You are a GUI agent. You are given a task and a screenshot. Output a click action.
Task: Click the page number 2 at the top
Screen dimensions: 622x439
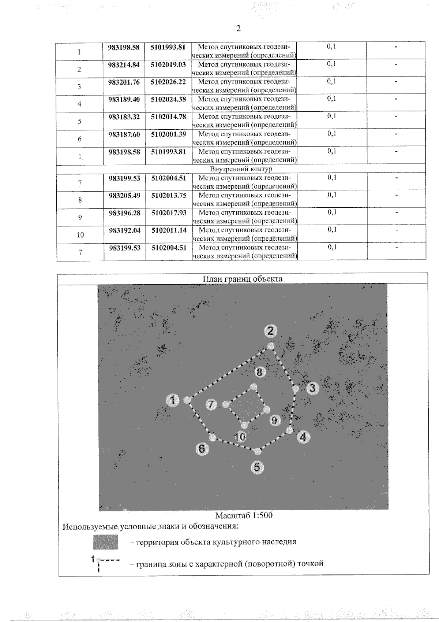238,29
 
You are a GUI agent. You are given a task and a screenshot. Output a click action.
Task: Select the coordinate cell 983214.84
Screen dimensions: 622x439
124,65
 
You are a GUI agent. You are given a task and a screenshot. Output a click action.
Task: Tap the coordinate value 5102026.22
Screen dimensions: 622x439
168,82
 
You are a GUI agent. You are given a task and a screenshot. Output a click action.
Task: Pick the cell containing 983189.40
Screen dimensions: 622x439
124,99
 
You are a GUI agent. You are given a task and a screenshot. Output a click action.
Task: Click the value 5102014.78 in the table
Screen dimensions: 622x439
168,117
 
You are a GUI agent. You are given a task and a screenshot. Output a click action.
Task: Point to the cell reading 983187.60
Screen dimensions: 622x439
124,134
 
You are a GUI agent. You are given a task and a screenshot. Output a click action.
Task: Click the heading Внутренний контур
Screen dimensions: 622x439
241,169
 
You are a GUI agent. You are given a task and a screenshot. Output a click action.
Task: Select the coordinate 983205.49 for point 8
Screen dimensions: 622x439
124,196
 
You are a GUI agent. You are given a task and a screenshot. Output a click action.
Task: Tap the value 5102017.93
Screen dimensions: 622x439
169,213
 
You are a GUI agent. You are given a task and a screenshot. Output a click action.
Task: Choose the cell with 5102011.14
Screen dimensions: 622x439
169,230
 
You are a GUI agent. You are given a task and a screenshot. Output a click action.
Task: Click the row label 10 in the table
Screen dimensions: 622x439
80,235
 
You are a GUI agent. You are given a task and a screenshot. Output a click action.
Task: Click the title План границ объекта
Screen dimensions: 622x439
243,279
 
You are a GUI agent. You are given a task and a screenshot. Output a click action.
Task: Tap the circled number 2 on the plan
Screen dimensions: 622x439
270,331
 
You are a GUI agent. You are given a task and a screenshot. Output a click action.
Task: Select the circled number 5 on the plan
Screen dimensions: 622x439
257,467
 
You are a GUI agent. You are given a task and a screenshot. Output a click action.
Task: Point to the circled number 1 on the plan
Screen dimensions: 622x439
173,400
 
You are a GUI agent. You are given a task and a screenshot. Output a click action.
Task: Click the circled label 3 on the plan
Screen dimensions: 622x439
312,388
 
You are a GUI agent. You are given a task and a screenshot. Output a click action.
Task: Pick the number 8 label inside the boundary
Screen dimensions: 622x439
259,372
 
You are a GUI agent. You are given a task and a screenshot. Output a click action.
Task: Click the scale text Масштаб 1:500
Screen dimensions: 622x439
244,515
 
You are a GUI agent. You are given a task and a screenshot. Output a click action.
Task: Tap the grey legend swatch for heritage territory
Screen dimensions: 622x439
106,542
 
